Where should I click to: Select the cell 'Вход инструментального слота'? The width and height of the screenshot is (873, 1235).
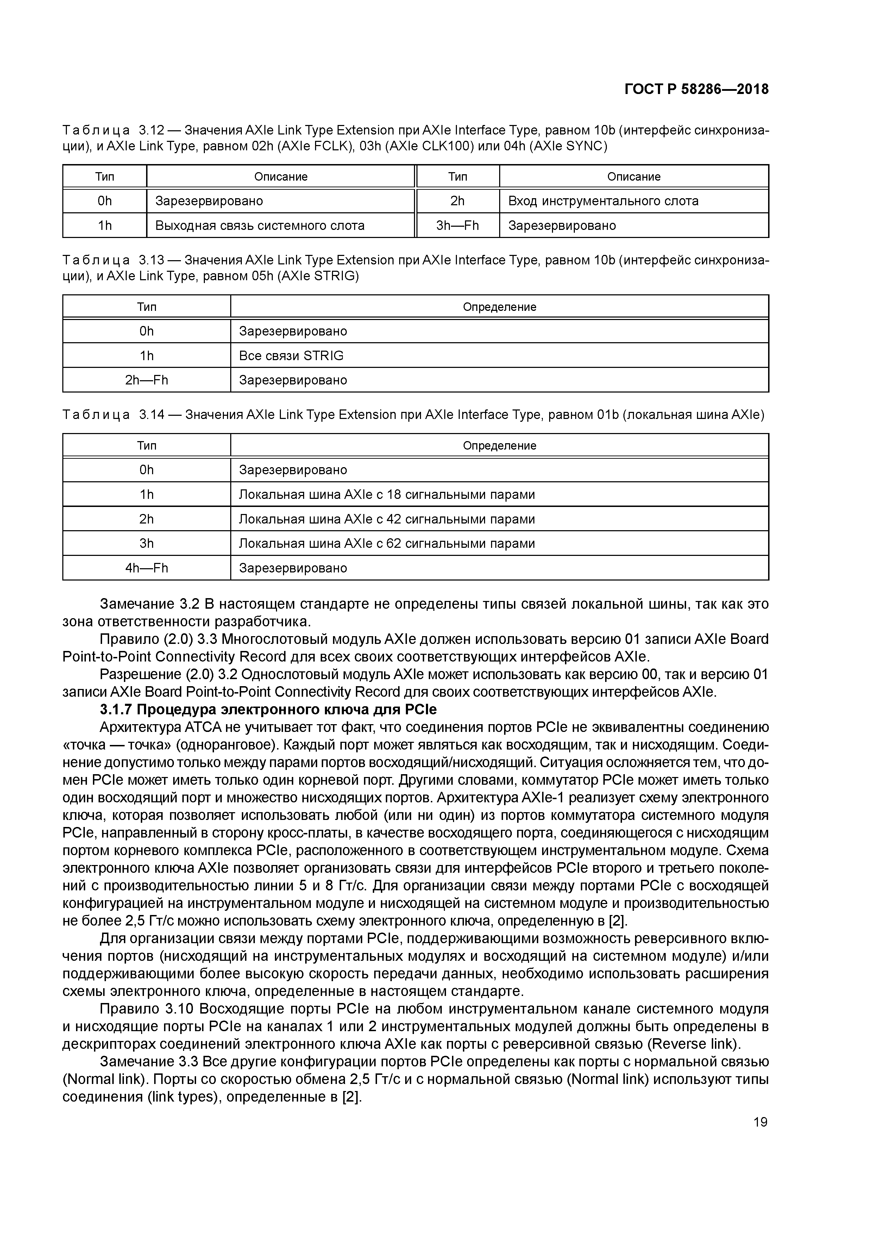tap(603, 201)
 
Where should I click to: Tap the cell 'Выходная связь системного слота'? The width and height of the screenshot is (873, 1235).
tap(260, 225)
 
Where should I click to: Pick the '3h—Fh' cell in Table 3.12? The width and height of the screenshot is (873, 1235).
tap(457, 225)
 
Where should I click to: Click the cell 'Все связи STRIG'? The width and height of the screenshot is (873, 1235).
tap(291, 356)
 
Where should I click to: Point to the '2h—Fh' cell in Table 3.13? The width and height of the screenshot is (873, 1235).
tap(146, 380)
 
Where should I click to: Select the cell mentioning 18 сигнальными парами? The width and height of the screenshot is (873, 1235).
tap(387, 494)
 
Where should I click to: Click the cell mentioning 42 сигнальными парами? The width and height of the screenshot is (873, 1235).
tap(387, 519)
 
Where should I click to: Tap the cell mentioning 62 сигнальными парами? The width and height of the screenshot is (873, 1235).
tap(387, 543)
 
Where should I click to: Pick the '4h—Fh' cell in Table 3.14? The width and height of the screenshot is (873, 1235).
tap(146, 568)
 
